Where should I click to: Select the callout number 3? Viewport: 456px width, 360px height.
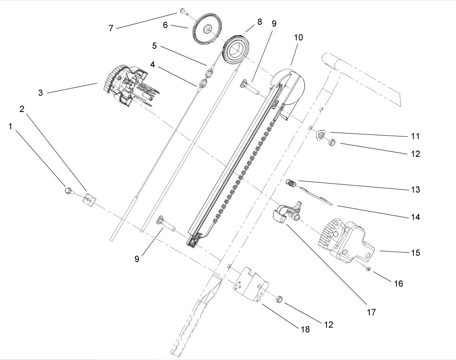40,93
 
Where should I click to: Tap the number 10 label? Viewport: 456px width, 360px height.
298,38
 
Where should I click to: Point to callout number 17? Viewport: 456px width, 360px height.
371,312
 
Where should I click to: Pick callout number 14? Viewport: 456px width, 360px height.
416,217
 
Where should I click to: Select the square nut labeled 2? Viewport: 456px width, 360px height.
88,199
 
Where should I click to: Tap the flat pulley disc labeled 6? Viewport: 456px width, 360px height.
206,30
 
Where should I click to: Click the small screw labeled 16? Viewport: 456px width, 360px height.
368,270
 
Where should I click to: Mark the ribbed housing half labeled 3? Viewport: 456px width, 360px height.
124,85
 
